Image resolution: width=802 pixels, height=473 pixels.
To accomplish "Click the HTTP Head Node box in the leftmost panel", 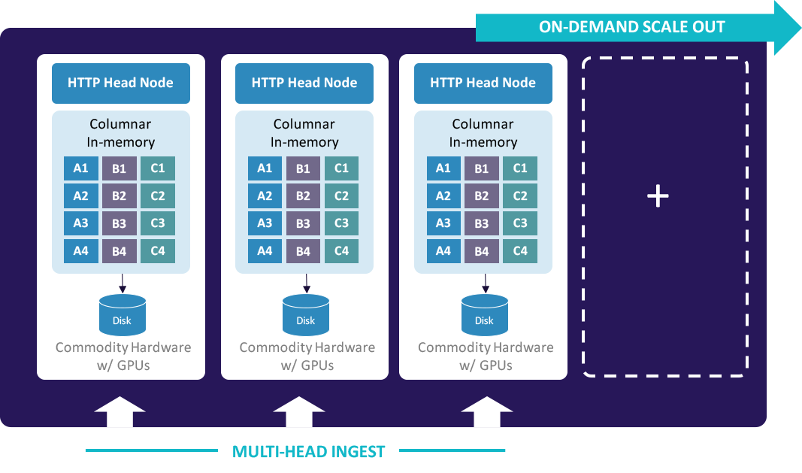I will (120, 83).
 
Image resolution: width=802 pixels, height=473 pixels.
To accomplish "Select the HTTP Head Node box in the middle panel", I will (304, 83).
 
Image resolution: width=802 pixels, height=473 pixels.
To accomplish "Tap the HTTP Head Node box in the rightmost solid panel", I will (483, 83).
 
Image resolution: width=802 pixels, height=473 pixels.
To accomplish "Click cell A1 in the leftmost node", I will (81, 168).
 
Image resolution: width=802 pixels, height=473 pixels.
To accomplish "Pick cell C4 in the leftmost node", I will (157, 250).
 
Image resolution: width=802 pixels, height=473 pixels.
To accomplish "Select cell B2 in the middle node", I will (303, 196).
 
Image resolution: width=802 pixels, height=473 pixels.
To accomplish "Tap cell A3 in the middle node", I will (265, 223).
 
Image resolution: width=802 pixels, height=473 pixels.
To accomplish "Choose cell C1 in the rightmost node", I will (520, 168).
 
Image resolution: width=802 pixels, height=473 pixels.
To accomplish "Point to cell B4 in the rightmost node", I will (482, 250).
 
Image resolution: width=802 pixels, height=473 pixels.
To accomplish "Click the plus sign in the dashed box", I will (658, 196).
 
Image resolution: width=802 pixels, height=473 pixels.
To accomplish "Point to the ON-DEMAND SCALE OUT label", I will (631, 28).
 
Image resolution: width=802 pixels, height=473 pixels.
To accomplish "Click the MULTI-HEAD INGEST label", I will (308, 452).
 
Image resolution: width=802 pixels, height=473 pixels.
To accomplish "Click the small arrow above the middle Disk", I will (306, 283).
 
